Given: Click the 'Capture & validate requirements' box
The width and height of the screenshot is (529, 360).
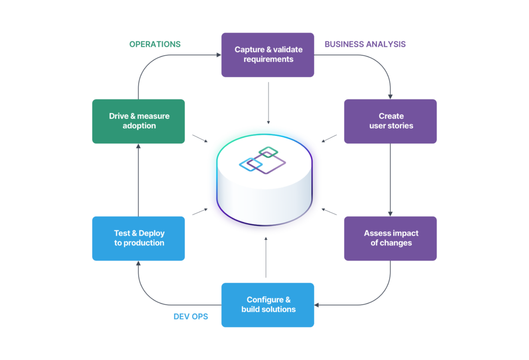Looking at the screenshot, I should coord(267,55).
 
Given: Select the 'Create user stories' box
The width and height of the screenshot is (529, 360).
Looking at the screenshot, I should coord(391,121).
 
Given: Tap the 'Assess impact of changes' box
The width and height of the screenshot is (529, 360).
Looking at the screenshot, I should coord(391,238).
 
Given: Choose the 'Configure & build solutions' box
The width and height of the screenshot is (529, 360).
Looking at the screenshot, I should coord(267,305).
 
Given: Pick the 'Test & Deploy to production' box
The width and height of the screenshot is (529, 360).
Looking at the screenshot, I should coord(139,238).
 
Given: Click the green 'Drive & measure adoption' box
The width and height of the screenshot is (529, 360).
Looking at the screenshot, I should coord(139,121).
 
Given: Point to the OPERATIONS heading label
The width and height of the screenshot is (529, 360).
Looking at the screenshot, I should coord(155,45).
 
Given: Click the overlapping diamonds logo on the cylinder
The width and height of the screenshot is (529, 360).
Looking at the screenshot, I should coord(263,161).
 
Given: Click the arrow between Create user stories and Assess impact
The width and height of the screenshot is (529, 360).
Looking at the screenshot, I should coord(390,180).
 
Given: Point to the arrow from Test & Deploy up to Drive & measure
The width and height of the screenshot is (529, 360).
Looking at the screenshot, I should coord(138,180).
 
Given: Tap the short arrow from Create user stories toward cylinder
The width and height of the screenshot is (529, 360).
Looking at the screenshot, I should coord(329,138).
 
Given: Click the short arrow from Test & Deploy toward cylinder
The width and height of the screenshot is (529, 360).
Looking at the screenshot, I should coord(200,212).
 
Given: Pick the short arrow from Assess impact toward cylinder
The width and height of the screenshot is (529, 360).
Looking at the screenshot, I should coord(330,212).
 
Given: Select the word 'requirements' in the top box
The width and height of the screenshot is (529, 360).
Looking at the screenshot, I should coord(268,60).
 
